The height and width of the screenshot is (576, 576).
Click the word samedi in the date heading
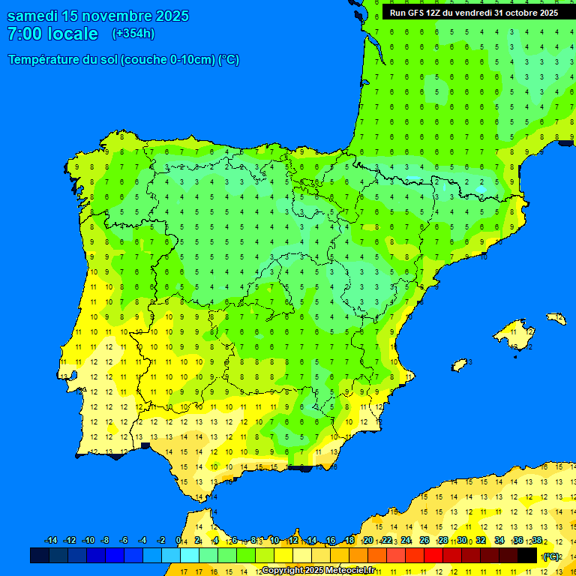32,16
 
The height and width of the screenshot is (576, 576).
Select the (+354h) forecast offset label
133,34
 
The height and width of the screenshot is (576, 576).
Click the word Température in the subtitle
46,60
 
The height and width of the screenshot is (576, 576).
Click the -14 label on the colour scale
51,541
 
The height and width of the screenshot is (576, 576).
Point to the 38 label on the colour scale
537,541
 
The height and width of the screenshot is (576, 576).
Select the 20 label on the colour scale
367,541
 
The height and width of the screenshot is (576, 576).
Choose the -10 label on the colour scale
88,541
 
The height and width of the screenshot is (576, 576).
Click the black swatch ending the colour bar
527,555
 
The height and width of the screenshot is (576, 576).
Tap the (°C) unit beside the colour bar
551,556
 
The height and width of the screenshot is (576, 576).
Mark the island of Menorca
556,318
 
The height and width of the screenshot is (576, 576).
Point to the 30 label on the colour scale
462,541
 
